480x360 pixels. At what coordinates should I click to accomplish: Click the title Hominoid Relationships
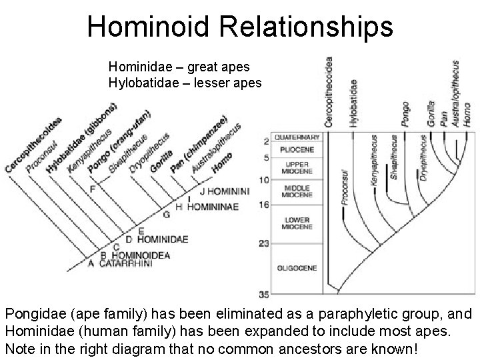pos(240,26)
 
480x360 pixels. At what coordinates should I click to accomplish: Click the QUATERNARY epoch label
pos(297,137)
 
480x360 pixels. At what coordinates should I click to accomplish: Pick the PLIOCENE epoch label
pos(297,149)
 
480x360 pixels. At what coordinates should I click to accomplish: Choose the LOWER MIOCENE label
pos(297,223)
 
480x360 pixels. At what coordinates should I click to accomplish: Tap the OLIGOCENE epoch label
pos(297,268)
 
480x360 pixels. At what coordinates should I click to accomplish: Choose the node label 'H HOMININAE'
pos(206,207)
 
